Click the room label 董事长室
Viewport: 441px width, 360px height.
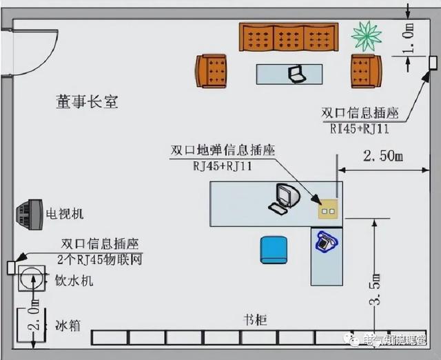[87, 102]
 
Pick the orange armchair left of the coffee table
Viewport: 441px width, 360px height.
[212, 70]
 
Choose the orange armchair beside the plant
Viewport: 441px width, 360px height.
[366, 70]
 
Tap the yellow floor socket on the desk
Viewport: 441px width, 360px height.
[326, 205]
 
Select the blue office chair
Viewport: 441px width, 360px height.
[274, 248]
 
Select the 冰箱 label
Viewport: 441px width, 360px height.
[68, 323]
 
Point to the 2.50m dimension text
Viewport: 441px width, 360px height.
[380, 156]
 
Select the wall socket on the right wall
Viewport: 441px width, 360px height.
[433, 61]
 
